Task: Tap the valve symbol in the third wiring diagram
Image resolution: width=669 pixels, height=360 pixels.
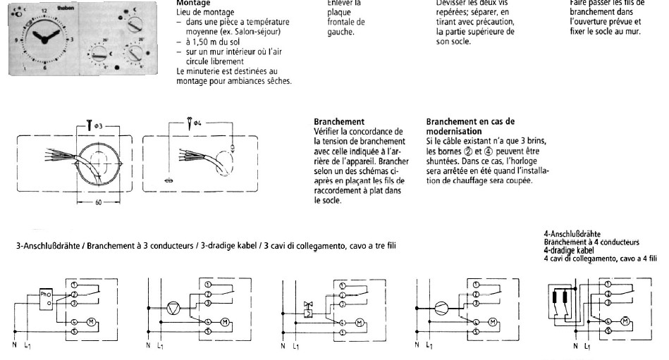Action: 307,308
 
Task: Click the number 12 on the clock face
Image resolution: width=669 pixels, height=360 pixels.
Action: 44,12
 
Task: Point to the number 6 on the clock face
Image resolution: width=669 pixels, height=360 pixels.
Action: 46,68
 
